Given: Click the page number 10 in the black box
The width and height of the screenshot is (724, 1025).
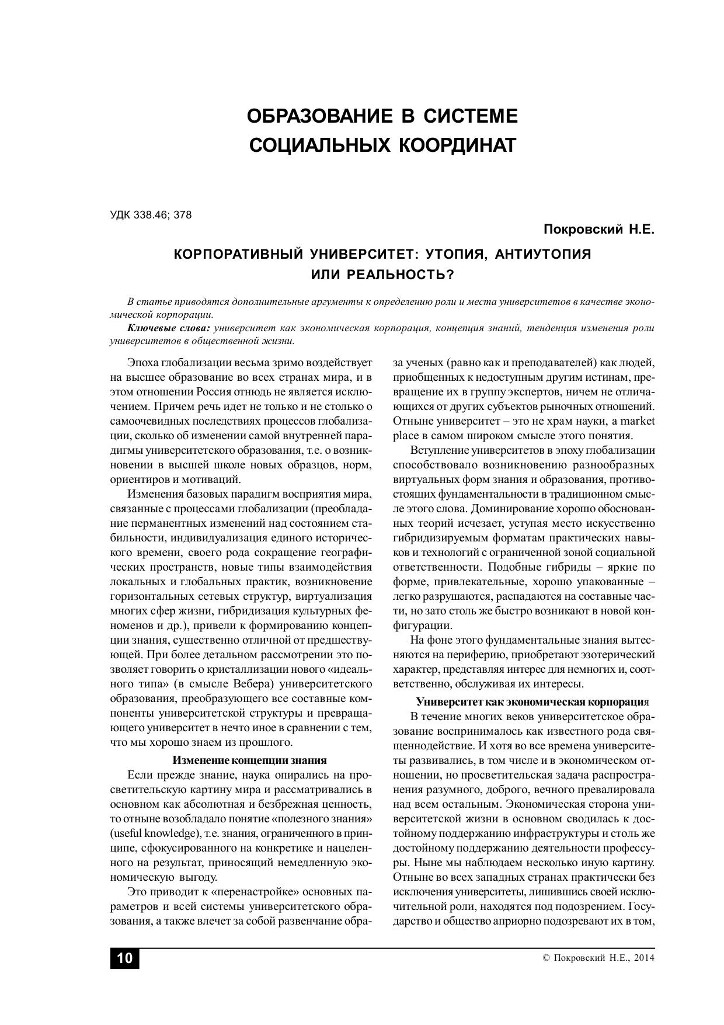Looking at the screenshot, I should click(x=125, y=958).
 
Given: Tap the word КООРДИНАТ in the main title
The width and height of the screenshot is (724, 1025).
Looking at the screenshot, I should click(x=457, y=145).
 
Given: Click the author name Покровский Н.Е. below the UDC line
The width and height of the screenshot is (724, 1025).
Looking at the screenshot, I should click(x=599, y=230).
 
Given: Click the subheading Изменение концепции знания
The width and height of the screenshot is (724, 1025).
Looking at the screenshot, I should click(x=249, y=760).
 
